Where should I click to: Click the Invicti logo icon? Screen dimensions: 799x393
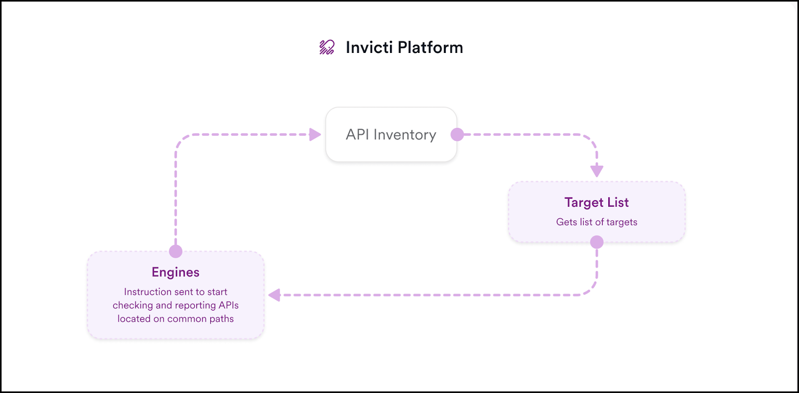327,47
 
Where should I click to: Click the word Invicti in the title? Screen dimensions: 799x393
369,47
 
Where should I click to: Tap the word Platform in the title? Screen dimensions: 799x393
430,47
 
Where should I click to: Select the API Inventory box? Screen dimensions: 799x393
392,134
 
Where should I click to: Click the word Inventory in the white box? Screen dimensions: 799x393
405,135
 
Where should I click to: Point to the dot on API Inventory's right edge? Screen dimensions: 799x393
457,134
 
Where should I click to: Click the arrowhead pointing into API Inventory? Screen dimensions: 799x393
315,134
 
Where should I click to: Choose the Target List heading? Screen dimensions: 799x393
597,202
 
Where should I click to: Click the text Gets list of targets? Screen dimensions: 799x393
597,222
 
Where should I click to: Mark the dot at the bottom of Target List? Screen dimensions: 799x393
597,242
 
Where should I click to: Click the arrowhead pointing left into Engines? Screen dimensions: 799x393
274,295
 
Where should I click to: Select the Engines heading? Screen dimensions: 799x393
175,273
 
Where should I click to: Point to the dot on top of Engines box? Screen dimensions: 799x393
175,251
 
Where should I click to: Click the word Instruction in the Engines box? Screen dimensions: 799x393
145,292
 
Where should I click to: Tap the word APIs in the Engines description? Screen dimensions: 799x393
229,305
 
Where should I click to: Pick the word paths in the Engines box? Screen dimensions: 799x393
222,319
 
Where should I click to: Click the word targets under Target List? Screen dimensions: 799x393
622,222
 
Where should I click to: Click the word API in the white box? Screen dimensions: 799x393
358,134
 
